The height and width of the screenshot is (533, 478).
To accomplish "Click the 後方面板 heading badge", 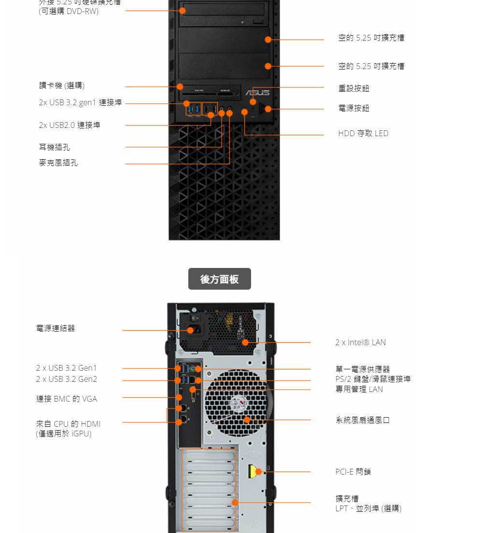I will [x=219, y=279].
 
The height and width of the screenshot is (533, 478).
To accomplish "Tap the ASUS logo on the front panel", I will [x=257, y=93].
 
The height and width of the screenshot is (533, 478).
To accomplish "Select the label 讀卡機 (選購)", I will [x=62, y=85].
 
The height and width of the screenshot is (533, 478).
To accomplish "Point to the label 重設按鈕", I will [x=354, y=88].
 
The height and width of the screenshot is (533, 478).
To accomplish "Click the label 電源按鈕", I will [x=354, y=108].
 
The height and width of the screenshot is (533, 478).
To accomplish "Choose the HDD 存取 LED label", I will [x=363, y=133].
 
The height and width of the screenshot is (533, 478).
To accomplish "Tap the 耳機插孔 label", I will [x=55, y=147].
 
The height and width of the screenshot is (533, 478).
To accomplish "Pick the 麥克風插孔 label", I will [x=58, y=163].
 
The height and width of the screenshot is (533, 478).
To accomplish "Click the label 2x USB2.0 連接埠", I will [x=70, y=125].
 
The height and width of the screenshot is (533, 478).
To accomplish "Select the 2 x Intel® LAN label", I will [x=361, y=342].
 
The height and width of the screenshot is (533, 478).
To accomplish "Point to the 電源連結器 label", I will [x=56, y=328].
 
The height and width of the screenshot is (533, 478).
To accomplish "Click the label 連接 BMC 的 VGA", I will [x=67, y=399].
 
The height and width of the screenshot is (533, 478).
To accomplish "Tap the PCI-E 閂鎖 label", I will [x=353, y=472].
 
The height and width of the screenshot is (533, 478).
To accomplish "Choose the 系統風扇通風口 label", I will [x=363, y=420].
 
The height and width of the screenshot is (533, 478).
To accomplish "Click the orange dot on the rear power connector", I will [x=191, y=330].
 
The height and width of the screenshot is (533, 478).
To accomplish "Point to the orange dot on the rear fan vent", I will [x=247, y=420].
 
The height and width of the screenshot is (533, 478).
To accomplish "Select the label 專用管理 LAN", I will [x=359, y=389].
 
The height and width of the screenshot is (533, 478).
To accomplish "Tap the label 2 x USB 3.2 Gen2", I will [x=67, y=379].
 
